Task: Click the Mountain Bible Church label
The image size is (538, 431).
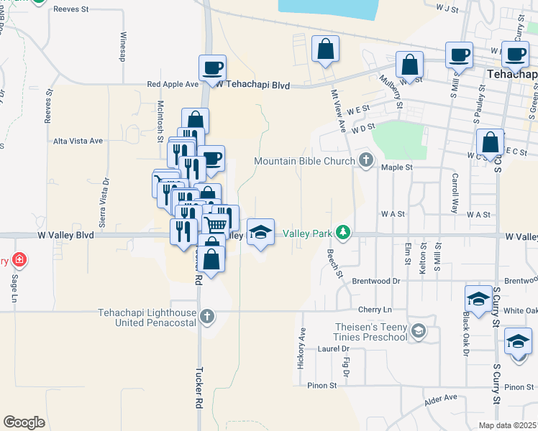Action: (305, 161)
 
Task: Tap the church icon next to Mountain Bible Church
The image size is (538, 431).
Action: (366, 160)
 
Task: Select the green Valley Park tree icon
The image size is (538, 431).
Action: (345, 233)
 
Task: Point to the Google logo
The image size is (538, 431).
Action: (24, 422)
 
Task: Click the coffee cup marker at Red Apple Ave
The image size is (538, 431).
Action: (211, 68)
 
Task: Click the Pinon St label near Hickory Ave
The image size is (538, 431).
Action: (323, 386)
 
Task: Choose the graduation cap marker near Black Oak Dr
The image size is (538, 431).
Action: (478, 298)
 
